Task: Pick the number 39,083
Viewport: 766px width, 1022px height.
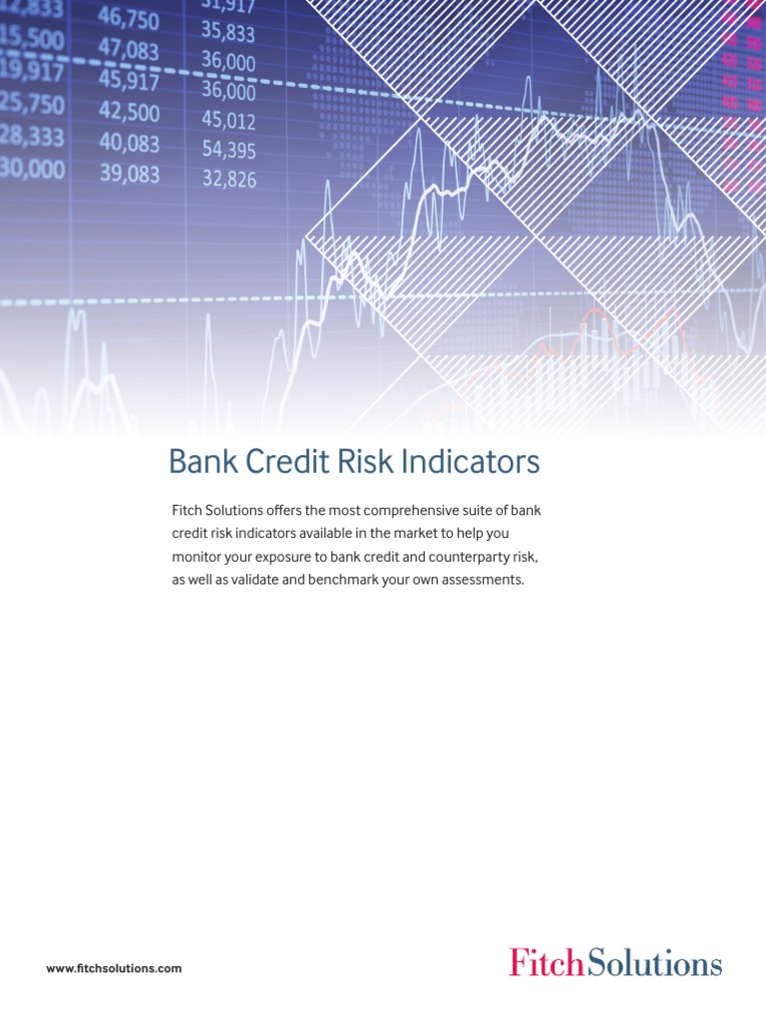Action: click(129, 174)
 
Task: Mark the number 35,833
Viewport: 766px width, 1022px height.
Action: click(228, 33)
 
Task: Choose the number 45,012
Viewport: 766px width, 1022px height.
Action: click(228, 121)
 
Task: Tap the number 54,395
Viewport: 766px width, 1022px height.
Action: click(228, 151)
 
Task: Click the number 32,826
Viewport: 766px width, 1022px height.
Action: click(229, 180)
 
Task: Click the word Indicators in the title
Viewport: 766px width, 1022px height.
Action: click(473, 463)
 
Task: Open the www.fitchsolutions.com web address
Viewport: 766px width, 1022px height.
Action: click(114, 968)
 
